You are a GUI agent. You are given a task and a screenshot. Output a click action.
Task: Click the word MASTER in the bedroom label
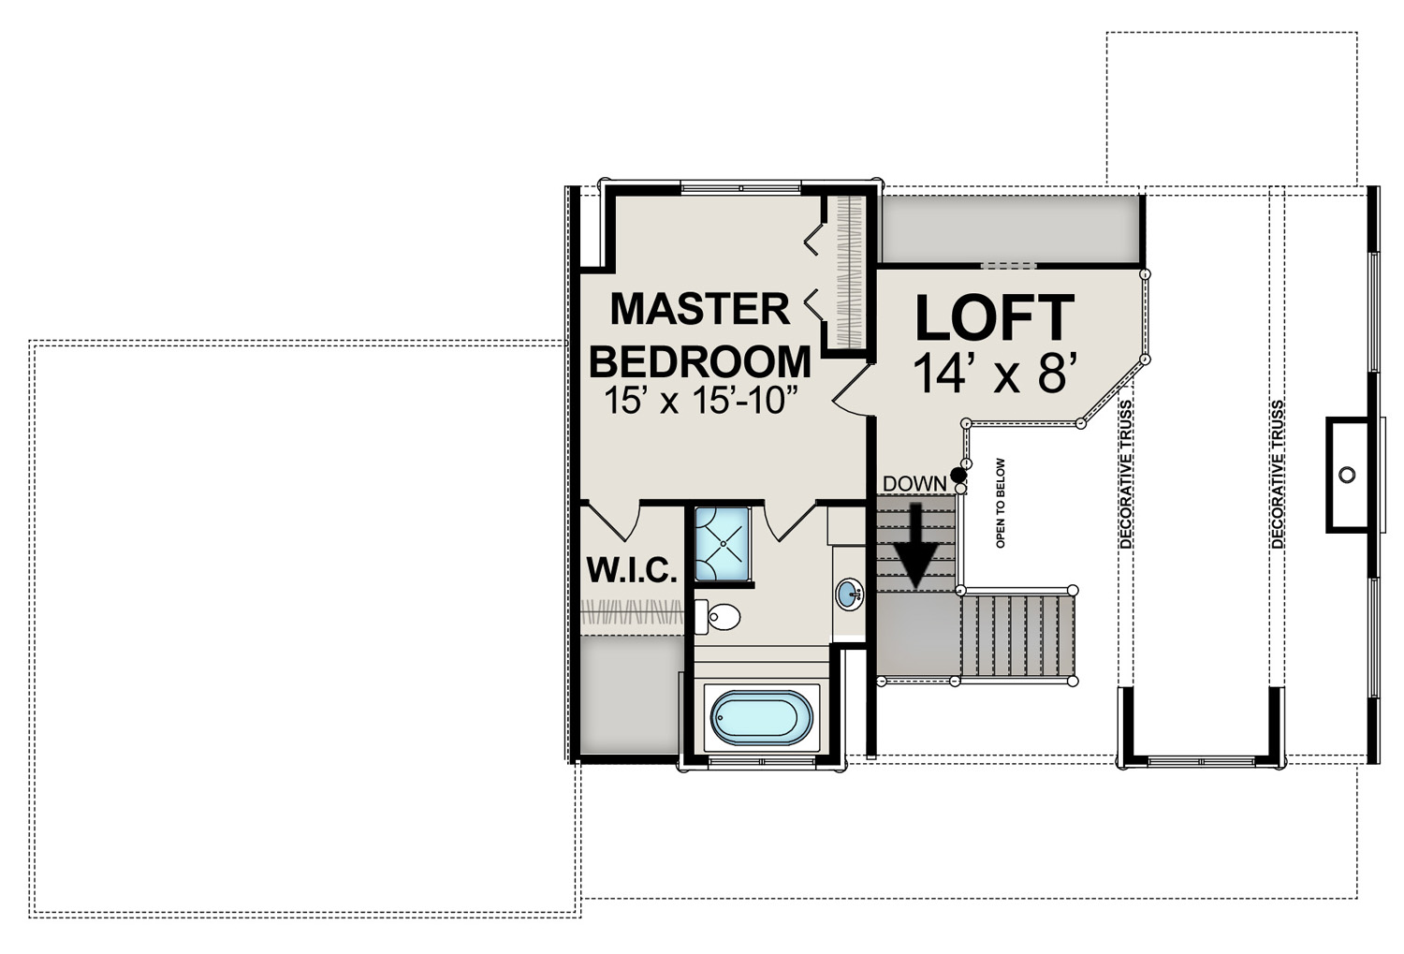point(699,310)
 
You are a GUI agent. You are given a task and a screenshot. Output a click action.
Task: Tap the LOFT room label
point(995,318)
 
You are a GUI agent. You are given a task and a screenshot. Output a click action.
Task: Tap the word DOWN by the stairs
point(914,483)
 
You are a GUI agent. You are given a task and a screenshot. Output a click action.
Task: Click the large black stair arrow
point(915,544)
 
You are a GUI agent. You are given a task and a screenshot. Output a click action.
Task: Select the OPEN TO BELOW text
point(1001,503)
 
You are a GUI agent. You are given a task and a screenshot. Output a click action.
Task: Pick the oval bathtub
point(762,718)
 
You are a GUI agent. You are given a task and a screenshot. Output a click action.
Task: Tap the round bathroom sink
point(849,593)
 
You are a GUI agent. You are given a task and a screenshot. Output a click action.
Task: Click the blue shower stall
point(722,544)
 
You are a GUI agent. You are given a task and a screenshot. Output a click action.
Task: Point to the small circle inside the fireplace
point(1346,475)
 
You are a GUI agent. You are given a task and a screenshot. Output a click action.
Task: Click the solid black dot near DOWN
point(958,475)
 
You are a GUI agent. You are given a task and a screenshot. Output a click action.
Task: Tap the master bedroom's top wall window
point(741,187)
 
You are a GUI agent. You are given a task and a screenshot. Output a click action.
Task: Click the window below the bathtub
point(762,761)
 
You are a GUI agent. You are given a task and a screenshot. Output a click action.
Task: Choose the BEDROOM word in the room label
point(701,361)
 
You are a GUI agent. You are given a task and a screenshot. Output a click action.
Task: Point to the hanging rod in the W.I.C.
point(632,611)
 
